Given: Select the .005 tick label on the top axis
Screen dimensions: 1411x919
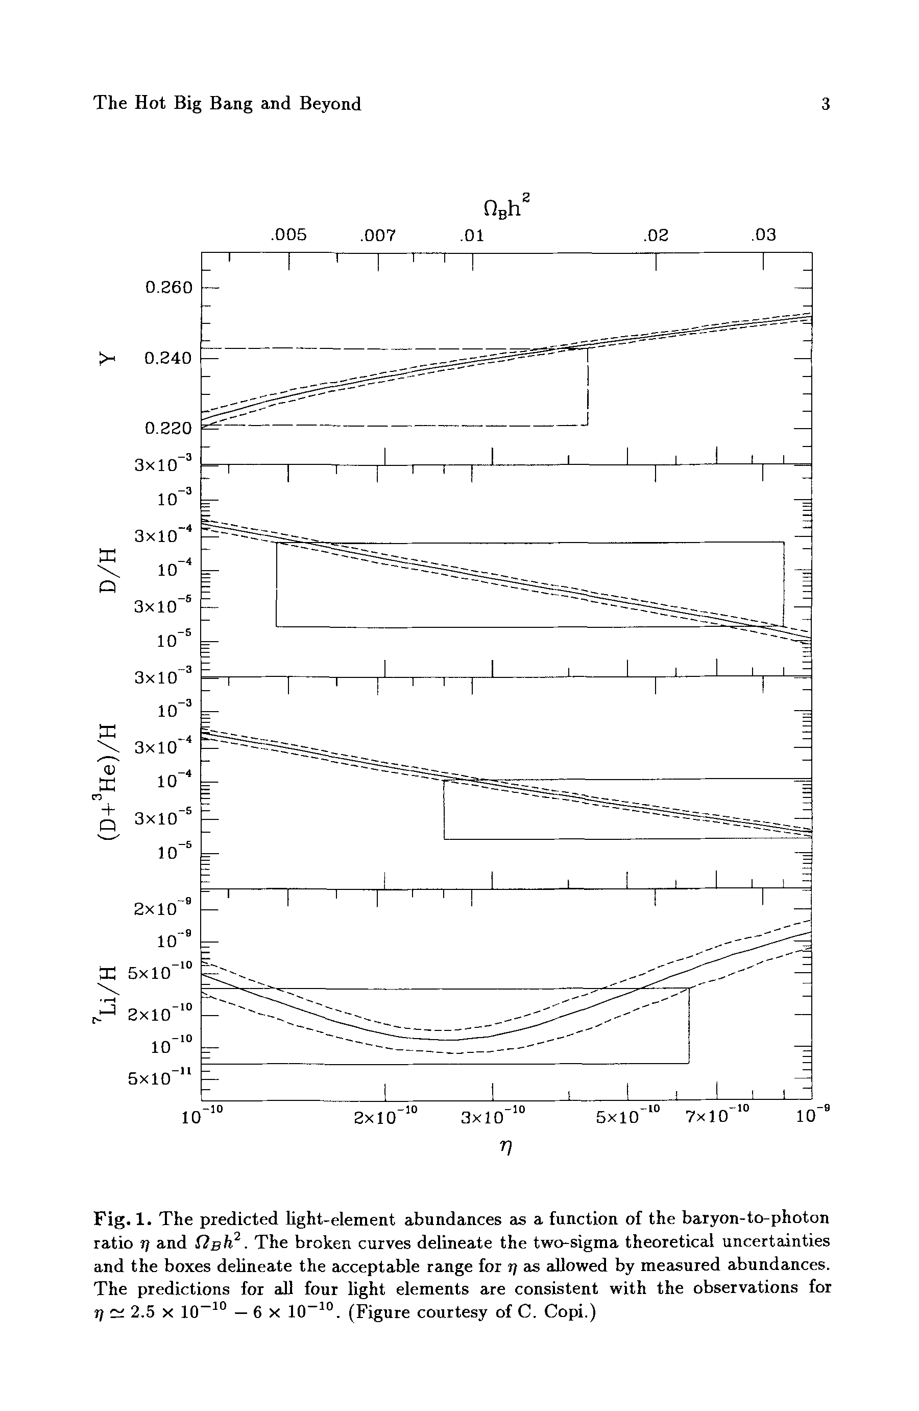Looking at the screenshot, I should (x=288, y=236).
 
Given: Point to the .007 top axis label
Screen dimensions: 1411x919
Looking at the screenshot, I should (x=377, y=236).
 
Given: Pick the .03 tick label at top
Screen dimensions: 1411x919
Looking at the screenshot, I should (x=763, y=236).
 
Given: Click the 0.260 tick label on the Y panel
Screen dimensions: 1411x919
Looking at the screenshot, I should (x=169, y=288).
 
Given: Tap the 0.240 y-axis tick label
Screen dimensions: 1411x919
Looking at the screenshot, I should (x=169, y=359).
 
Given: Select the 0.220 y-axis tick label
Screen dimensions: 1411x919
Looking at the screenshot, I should (x=169, y=428).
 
